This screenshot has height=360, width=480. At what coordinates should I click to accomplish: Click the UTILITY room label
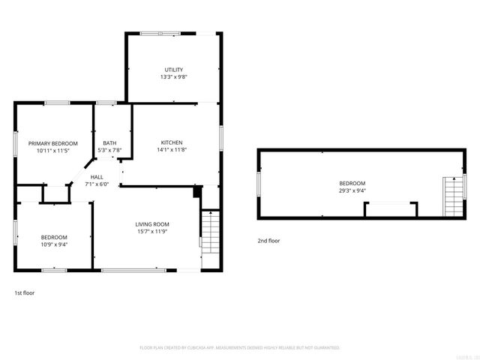click(174, 70)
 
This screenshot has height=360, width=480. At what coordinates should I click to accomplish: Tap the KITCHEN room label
click(172, 142)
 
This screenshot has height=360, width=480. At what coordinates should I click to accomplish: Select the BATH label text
click(109, 142)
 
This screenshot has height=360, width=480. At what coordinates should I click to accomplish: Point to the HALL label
click(97, 177)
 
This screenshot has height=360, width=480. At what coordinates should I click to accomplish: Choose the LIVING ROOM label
click(151, 224)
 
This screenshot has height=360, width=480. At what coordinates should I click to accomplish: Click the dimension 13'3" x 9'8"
click(174, 77)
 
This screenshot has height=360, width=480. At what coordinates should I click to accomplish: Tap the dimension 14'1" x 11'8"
click(172, 150)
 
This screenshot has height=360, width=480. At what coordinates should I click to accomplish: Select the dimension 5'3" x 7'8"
click(109, 150)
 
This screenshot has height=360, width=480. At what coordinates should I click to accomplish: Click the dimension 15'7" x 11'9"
click(151, 232)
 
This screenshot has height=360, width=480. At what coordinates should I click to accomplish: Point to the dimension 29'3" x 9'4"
click(352, 190)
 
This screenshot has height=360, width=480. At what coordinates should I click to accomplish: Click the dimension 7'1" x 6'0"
click(97, 184)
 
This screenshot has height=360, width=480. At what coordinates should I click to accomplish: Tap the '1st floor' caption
click(24, 293)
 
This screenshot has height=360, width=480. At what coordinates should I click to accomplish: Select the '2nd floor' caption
click(268, 241)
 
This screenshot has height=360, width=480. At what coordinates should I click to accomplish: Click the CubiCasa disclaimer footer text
click(240, 348)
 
